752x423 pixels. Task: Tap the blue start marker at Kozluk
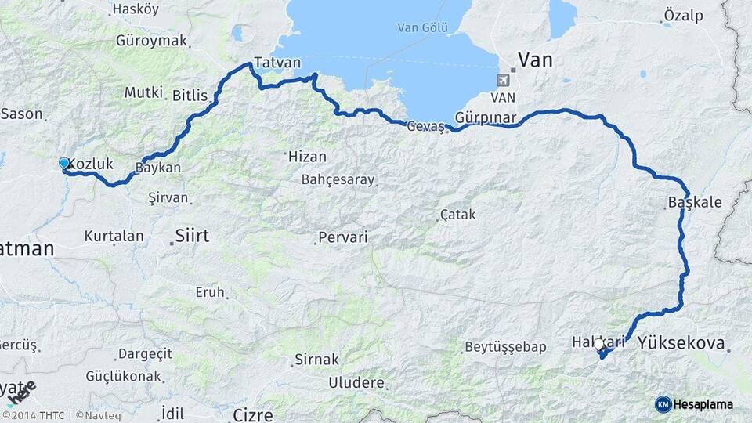[x=64, y=163]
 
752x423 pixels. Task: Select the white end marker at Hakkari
[x=599, y=344]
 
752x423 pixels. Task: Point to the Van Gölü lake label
[x=422, y=27]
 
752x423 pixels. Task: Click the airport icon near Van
[x=502, y=79]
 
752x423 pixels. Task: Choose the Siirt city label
[x=192, y=234]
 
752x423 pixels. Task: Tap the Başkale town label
[x=694, y=202]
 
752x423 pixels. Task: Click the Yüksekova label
[x=681, y=342]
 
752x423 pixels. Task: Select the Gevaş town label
[x=425, y=127]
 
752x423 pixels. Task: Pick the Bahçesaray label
[x=338, y=179]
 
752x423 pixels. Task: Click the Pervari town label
[x=342, y=237]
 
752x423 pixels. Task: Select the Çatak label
[x=457, y=213]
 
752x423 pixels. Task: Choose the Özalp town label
[x=683, y=15]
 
